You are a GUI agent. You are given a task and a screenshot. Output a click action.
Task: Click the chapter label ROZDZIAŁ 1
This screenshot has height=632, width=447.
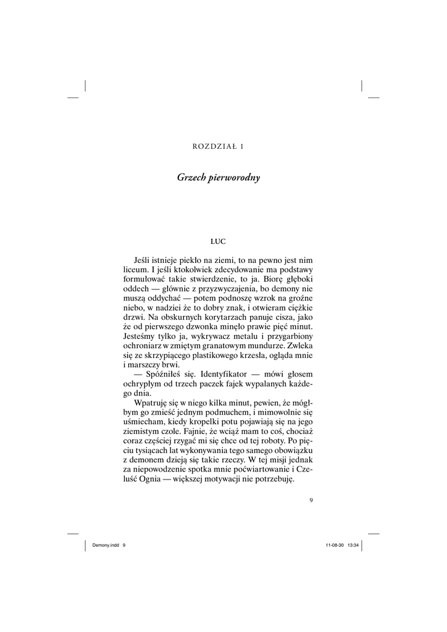219,146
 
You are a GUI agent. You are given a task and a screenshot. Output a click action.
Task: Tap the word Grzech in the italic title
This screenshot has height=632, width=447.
190,178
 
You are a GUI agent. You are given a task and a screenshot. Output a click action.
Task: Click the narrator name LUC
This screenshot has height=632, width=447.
219,241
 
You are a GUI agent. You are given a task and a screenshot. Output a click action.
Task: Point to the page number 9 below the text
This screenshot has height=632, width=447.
312,500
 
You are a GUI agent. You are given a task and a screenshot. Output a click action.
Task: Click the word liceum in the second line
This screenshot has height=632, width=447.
135,270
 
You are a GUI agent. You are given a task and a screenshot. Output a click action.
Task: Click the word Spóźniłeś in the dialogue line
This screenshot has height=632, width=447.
163,375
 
